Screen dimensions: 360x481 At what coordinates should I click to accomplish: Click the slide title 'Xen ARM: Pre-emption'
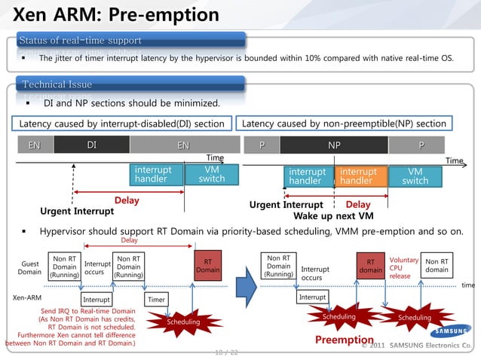click(117, 15)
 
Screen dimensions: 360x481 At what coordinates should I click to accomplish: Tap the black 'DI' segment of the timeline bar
click(91, 145)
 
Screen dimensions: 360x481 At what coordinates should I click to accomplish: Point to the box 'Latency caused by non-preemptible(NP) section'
click(345, 123)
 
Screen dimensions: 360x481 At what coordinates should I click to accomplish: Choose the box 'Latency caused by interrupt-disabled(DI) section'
click(121, 123)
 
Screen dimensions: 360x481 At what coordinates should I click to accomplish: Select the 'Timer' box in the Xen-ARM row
click(157, 299)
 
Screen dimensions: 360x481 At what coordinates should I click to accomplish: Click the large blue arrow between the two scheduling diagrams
click(244, 286)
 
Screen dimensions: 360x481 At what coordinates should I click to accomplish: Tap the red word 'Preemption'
click(345, 341)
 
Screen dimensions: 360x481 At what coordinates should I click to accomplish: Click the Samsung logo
click(452, 331)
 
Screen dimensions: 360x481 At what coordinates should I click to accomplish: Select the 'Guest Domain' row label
click(29, 268)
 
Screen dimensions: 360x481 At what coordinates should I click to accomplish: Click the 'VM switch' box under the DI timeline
click(211, 175)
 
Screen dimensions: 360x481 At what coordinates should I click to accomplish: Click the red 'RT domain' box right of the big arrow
click(370, 266)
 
